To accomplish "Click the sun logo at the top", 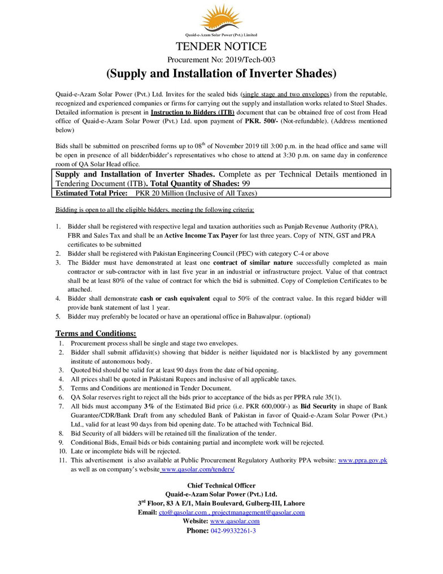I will [221, 19].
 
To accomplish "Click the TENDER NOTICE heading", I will [221, 46].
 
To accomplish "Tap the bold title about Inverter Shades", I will [221, 74].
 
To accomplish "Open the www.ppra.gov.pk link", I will [362, 461].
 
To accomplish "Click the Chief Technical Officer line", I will [221, 485].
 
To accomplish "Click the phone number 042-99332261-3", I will [233, 531].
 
